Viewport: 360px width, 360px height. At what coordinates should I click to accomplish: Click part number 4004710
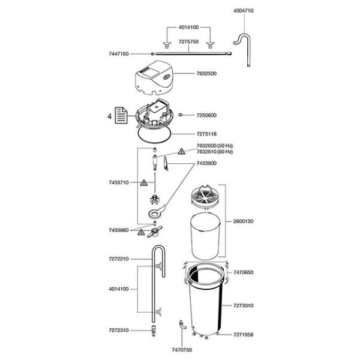243,11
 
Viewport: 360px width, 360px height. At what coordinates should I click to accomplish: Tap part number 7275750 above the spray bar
188,41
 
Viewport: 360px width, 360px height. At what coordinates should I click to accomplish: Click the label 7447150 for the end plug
119,54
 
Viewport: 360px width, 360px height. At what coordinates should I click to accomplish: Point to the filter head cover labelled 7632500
154,78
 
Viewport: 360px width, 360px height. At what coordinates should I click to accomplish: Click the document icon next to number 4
121,115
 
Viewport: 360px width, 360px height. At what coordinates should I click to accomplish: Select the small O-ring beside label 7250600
181,115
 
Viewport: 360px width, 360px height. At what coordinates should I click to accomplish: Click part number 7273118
206,134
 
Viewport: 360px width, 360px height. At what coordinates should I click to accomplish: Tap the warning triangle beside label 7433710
144,183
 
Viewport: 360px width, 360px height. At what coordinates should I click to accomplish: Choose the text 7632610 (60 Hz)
215,152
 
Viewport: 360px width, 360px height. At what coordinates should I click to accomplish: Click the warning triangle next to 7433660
141,232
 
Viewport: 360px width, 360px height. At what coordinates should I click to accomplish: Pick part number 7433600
206,163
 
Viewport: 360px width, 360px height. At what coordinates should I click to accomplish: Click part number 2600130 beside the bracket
243,221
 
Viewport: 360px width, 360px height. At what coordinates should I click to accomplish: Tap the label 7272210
119,259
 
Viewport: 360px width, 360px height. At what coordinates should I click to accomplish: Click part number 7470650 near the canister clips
243,272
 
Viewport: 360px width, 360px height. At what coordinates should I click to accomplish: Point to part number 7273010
243,305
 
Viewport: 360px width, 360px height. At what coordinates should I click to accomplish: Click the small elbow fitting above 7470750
182,325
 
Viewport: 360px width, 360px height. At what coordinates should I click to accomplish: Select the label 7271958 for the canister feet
243,335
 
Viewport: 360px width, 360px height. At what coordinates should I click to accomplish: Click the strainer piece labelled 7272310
154,331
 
